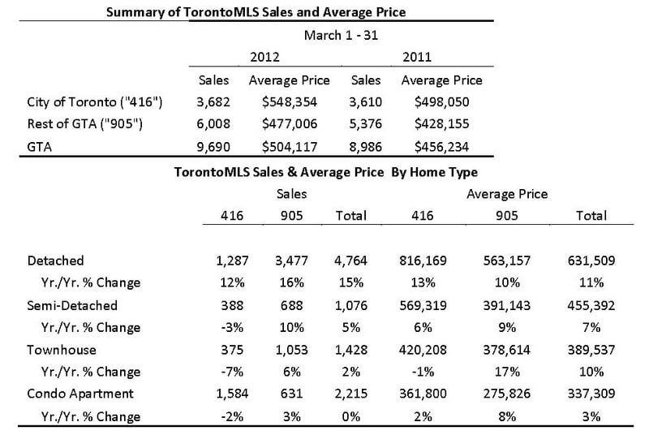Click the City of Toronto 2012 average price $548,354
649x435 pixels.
coord(290,102)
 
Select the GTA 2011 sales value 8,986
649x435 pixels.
coord(366,147)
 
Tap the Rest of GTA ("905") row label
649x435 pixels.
coord(85,123)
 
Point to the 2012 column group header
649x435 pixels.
coord(265,57)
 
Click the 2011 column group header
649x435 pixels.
coord(417,57)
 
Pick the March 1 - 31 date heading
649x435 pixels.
coord(341,35)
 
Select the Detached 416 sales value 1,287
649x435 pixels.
coord(232,261)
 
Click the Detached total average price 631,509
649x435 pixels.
coord(591,261)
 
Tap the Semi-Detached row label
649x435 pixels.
coord(72,305)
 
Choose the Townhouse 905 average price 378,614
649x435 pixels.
coord(506,350)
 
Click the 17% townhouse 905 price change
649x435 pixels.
coord(507,372)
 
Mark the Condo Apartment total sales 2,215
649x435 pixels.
coord(351,393)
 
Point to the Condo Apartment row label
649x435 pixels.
coord(80,394)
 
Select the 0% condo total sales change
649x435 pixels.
coord(351,416)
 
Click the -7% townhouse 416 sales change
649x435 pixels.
coord(232,372)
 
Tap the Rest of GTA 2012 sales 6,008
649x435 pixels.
coord(213,123)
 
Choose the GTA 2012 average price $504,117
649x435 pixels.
coord(290,147)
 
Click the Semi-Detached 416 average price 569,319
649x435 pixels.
coord(423,305)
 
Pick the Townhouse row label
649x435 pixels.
coord(62,350)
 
